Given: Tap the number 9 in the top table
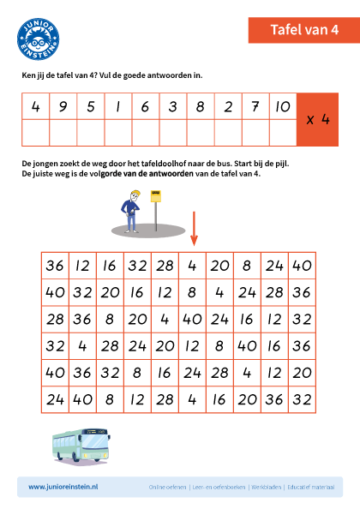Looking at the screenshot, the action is (63, 107).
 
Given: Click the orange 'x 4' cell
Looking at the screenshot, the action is (318, 120).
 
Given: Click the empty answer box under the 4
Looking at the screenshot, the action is (36, 133).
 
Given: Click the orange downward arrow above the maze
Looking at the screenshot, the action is (194, 229).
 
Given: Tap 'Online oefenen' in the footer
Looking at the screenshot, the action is (167, 487).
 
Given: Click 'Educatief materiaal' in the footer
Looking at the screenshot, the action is (311, 487).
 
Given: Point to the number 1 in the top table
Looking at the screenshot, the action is (118, 107).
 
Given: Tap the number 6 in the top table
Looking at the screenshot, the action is (146, 107).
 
